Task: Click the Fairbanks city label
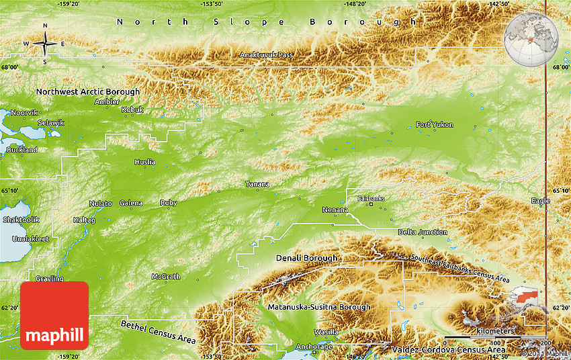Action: (x=371, y=199)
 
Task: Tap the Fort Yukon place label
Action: (x=434, y=125)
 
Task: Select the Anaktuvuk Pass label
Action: (x=267, y=54)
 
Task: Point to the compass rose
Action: (x=45, y=44)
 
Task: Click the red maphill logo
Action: (x=54, y=316)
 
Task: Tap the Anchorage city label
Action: (x=314, y=347)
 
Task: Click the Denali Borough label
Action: (x=306, y=258)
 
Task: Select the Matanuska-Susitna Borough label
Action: (x=318, y=307)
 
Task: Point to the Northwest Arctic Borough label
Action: (x=88, y=92)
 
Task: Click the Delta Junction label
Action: (x=423, y=232)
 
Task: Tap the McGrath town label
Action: (x=165, y=277)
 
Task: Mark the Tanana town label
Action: (x=257, y=184)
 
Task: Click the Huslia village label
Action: (x=144, y=162)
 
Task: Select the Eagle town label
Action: (x=540, y=201)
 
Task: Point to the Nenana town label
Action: (x=335, y=210)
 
